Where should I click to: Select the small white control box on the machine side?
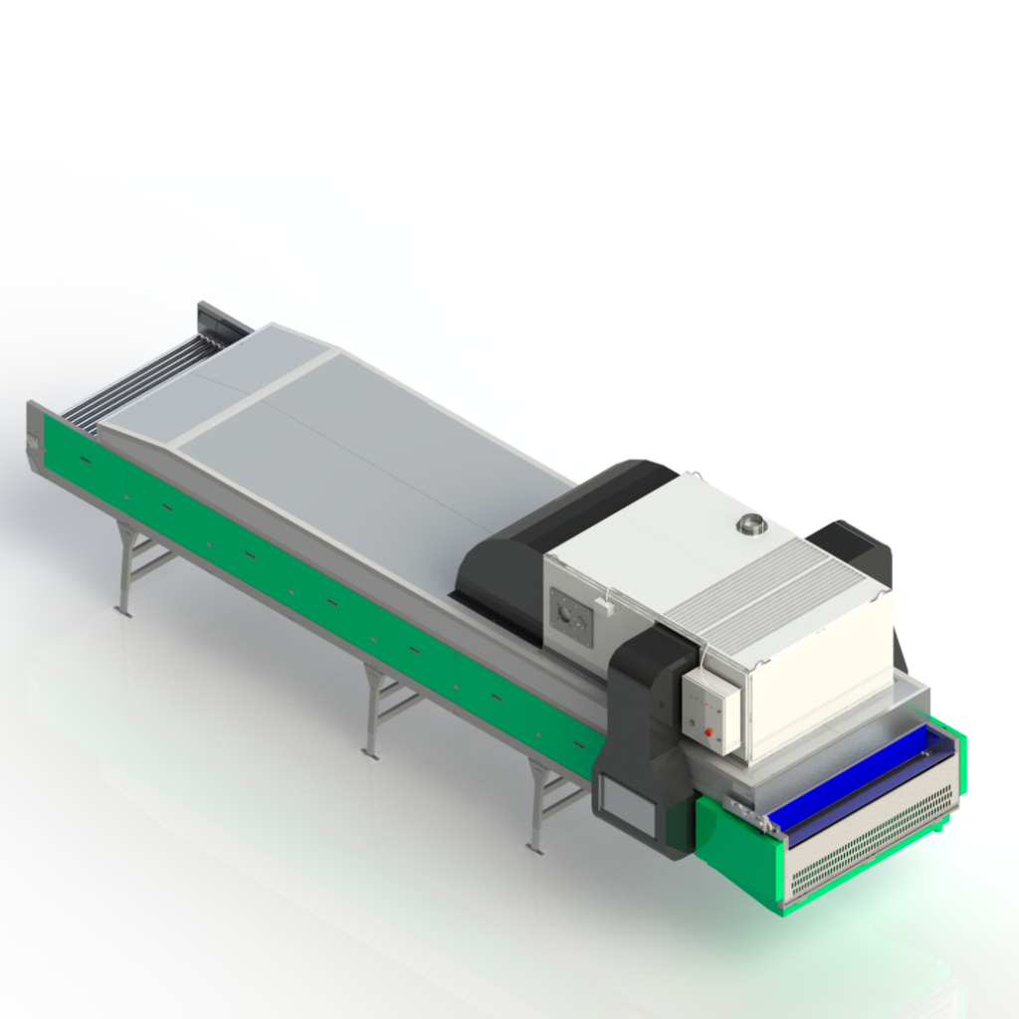711,710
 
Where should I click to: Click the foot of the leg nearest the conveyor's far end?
124,610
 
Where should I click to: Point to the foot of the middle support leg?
371,753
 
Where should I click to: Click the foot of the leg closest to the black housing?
535,848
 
